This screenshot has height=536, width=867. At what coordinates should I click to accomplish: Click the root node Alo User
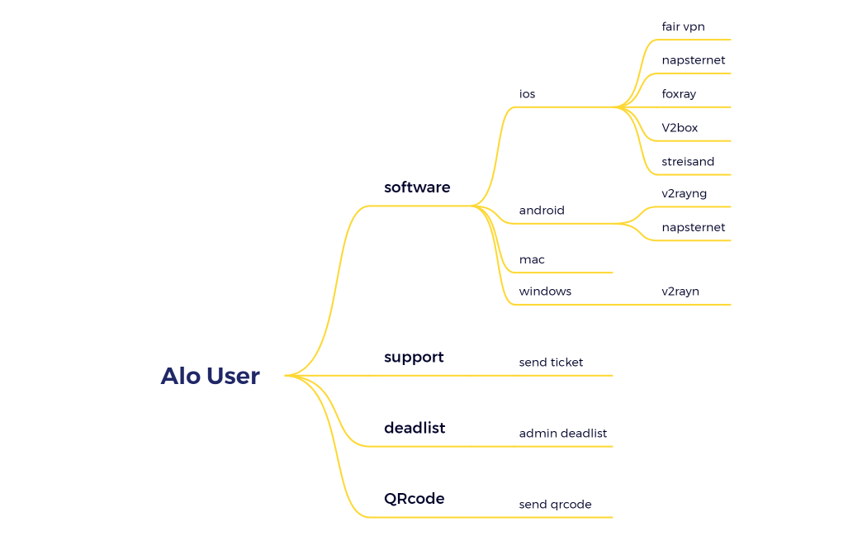tap(210, 377)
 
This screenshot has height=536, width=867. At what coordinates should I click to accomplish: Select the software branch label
tap(417, 187)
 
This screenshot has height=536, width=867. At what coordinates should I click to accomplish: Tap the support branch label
tap(414, 358)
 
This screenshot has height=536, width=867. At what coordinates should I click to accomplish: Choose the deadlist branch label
tap(415, 428)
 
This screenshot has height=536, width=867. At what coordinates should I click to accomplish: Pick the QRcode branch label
tap(414, 499)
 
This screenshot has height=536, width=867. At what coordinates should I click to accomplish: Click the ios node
tap(527, 94)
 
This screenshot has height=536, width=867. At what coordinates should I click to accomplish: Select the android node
tap(542, 211)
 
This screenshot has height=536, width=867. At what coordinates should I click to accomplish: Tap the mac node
tap(532, 260)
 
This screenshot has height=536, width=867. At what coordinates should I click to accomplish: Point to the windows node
tap(545, 292)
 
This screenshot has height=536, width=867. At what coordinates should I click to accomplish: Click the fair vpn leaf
tap(683, 27)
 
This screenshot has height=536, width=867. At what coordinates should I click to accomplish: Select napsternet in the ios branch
tap(693, 60)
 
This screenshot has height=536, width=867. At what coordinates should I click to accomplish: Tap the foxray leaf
tap(679, 94)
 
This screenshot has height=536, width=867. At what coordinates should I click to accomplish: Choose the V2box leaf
tap(680, 128)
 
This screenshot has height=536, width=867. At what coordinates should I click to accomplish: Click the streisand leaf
tap(688, 162)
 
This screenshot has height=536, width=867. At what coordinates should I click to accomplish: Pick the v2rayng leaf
tap(684, 194)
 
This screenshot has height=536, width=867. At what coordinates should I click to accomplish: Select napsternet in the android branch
tap(693, 227)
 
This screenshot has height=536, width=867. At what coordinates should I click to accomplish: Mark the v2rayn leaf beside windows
tap(680, 292)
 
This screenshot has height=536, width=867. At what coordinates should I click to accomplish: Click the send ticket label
tap(551, 363)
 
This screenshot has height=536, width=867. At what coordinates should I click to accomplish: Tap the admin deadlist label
tap(562, 434)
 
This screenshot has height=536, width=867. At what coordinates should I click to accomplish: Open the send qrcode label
tap(555, 505)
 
